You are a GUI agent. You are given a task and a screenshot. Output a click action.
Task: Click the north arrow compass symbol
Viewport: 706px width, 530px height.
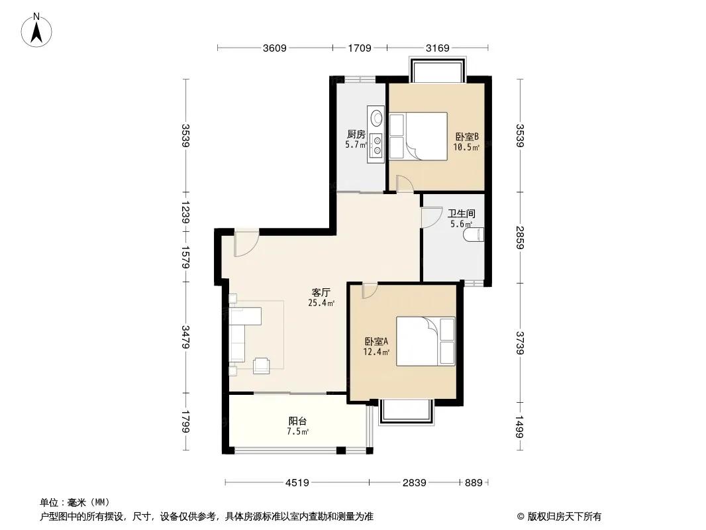36,30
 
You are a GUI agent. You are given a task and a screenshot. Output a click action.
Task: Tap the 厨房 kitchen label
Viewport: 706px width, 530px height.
356,134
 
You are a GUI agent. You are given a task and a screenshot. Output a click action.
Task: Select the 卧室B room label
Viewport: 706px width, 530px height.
466,136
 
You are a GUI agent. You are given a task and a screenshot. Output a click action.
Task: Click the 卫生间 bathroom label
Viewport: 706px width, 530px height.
462,213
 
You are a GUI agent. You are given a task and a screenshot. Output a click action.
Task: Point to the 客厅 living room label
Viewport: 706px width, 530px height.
321,292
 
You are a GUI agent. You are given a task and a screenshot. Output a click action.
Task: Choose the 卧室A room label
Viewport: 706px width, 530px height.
376,341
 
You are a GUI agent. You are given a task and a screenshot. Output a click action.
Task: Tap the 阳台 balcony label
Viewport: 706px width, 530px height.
297,421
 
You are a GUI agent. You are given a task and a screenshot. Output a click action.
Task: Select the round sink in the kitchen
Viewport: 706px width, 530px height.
376,119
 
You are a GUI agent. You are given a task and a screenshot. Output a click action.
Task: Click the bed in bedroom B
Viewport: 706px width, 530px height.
419,136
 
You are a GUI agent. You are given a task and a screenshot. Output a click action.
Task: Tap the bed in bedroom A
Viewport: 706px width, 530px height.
425,341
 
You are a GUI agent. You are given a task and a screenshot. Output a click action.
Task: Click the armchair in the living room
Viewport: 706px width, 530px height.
261,366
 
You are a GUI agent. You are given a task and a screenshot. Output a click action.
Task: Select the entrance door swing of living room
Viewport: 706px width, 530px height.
246,244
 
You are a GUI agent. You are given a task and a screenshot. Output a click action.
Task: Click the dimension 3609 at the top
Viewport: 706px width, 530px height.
275,48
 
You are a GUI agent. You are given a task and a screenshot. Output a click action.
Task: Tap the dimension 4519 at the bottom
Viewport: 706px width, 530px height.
297,483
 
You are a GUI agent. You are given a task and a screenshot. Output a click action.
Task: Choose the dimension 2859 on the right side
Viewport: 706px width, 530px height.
520,237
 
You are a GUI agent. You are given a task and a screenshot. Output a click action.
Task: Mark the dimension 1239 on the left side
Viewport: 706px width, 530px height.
185,212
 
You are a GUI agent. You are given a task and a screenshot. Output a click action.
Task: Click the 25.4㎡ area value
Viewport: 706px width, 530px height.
321,303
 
